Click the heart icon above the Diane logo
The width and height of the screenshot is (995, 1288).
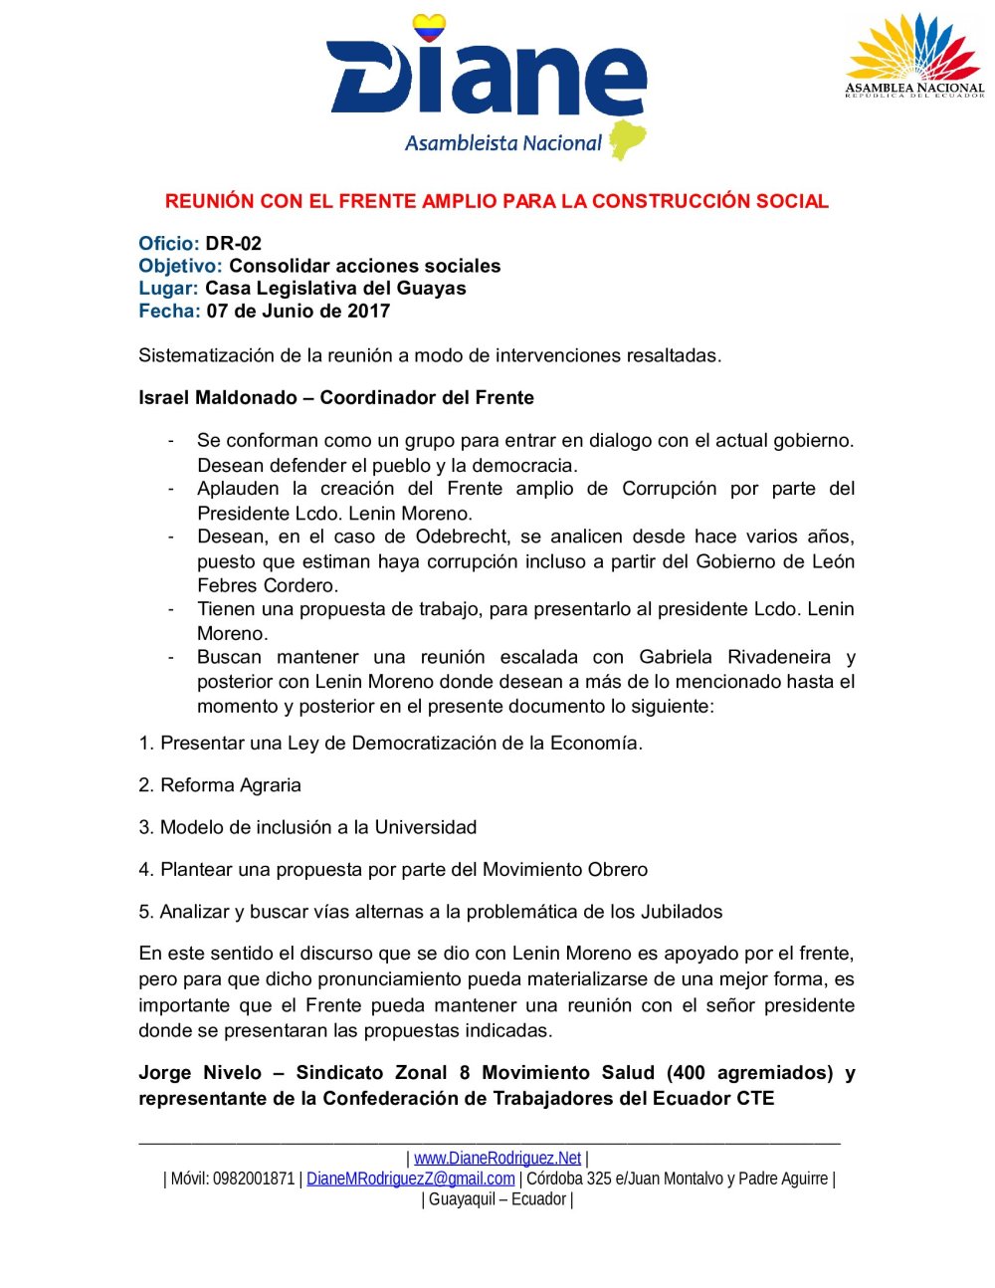(x=430, y=29)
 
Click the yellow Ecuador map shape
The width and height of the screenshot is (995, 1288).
(x=627, y=140)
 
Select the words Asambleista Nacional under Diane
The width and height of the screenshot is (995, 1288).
(x=502, y=143)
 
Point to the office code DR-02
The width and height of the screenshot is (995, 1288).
(x=234, y=244)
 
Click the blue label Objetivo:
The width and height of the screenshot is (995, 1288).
(x=180, y=267)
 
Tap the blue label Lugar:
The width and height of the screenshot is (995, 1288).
(x=168, y=289)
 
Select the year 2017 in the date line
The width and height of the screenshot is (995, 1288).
(x=368, y=312)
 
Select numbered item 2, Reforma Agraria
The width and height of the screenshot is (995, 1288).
(x=220, y=785)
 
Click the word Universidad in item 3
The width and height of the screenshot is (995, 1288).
(x=425, y=828)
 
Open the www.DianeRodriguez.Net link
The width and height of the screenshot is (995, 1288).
(x=497, y=1159)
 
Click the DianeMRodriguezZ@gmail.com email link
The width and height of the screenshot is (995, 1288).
(x=410, y=1180)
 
